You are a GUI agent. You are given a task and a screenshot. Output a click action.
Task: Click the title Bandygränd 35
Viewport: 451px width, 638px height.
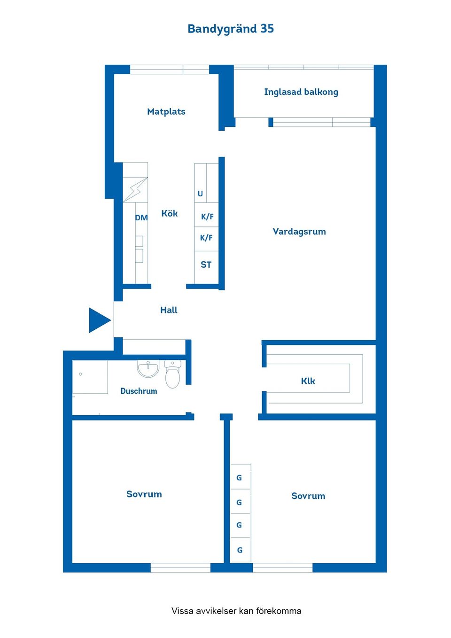[231, 29]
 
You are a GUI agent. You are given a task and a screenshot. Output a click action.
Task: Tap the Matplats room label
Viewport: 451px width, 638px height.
[166, 112]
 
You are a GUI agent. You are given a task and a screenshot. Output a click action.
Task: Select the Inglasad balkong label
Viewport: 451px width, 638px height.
[301, 92]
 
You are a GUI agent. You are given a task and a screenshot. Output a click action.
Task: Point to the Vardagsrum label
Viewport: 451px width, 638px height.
[299, 232]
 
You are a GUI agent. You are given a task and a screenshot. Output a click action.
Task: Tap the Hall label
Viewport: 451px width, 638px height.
[169, 310]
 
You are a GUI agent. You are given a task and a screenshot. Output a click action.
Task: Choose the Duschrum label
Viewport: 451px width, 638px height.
[139, 391]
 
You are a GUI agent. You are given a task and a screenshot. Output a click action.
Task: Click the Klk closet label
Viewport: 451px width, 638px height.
[308, 381]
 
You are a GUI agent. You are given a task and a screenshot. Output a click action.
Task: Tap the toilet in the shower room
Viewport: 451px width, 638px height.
[172, 373]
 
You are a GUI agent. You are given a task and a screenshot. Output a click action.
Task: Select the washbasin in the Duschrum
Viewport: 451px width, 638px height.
[148, 368]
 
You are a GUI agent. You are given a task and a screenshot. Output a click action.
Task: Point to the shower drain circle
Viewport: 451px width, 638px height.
[80, 374]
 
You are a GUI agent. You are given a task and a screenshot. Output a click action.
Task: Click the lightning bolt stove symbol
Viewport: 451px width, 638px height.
[135, 190]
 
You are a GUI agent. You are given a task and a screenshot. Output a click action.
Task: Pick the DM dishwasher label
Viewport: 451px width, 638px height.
[141, 218]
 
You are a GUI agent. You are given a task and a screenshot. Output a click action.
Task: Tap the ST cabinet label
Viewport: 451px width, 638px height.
[206, 265]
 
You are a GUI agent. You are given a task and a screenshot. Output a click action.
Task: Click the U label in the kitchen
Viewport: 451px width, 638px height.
[200, 194]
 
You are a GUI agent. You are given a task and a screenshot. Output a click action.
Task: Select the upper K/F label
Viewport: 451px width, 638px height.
[207, 217]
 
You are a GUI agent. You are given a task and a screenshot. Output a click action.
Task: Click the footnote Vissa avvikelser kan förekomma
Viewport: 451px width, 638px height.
[236, 611]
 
